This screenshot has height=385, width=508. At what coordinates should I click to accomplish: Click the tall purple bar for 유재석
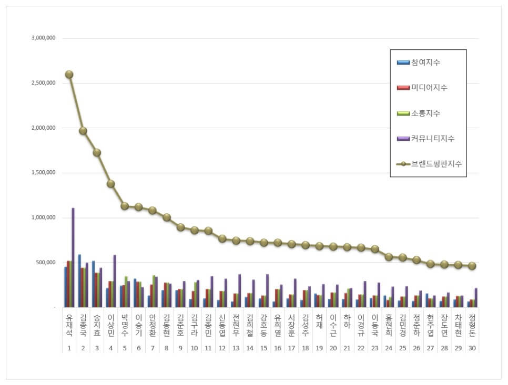pyautogui.click(x=73, y=257)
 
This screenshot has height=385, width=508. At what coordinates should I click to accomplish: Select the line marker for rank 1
pyautogui.click(x=69, y=75)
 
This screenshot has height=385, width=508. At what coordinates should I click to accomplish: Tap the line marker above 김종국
pyautogui.click(x=83, y=131)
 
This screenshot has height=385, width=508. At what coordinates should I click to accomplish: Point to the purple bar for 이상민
pyautogui.click(x=115, y=281)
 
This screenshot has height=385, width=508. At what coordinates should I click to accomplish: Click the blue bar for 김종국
pyautogui.click(x=79, y=281)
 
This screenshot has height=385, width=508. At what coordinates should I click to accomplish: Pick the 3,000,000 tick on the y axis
pyautogui.click(x=47, y=38)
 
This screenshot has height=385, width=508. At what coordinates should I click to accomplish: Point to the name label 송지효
pyautogui.click(x=97, y=326)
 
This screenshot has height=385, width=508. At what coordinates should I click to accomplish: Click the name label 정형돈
pyautogui.click(x=472, y=326)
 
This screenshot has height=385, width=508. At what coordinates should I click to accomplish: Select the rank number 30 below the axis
pyautogui.click(x=472, y=348)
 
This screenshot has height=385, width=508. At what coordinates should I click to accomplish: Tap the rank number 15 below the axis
pyautogui.click(x=263, y=348)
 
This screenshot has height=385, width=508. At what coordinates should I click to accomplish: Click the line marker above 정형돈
pyautogui.click(x=472, y=266)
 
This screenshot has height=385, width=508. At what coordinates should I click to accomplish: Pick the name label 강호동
pyautogui.click(x=263, y=326)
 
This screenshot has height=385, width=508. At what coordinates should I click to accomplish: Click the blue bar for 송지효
pyautogui.click(x=93, y=284)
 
